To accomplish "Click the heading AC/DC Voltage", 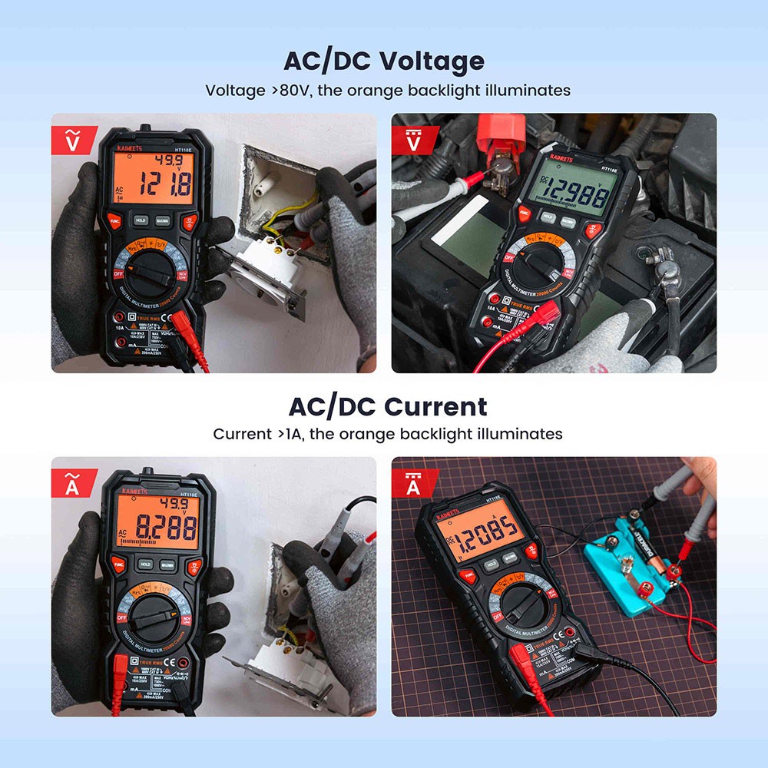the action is click(x=383, y=61).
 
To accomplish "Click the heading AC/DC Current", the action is click(x=387, y=406).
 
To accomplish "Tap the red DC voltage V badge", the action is click(x=414, y=137).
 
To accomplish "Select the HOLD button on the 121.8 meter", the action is click(x=141, y=220).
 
